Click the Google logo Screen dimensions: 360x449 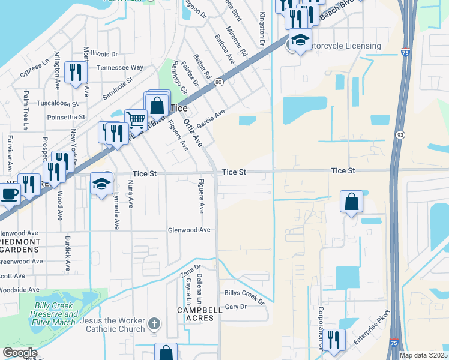(19, 353)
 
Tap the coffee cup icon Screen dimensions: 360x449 (9, 193)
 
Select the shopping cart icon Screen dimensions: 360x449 (136, 119)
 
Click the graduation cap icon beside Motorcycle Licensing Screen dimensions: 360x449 (300, 40)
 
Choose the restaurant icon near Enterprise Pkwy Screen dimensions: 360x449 (334, 339)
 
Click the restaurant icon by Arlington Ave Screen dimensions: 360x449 (75, 72)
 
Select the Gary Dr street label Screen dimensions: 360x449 (235, 307)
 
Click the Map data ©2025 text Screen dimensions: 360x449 (423, 355)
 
